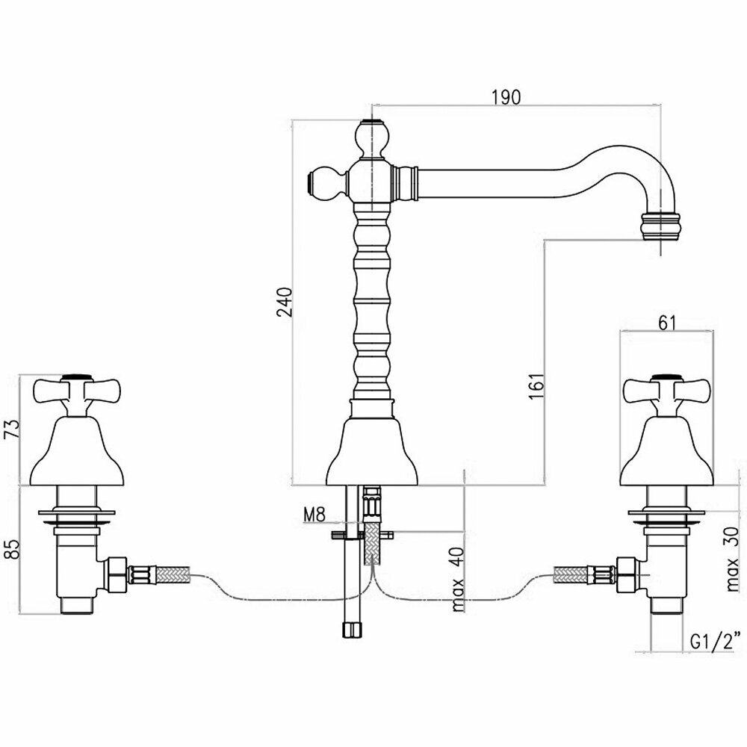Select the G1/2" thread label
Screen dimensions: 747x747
click(716, 640)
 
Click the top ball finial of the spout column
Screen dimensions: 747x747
click(371, 137)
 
